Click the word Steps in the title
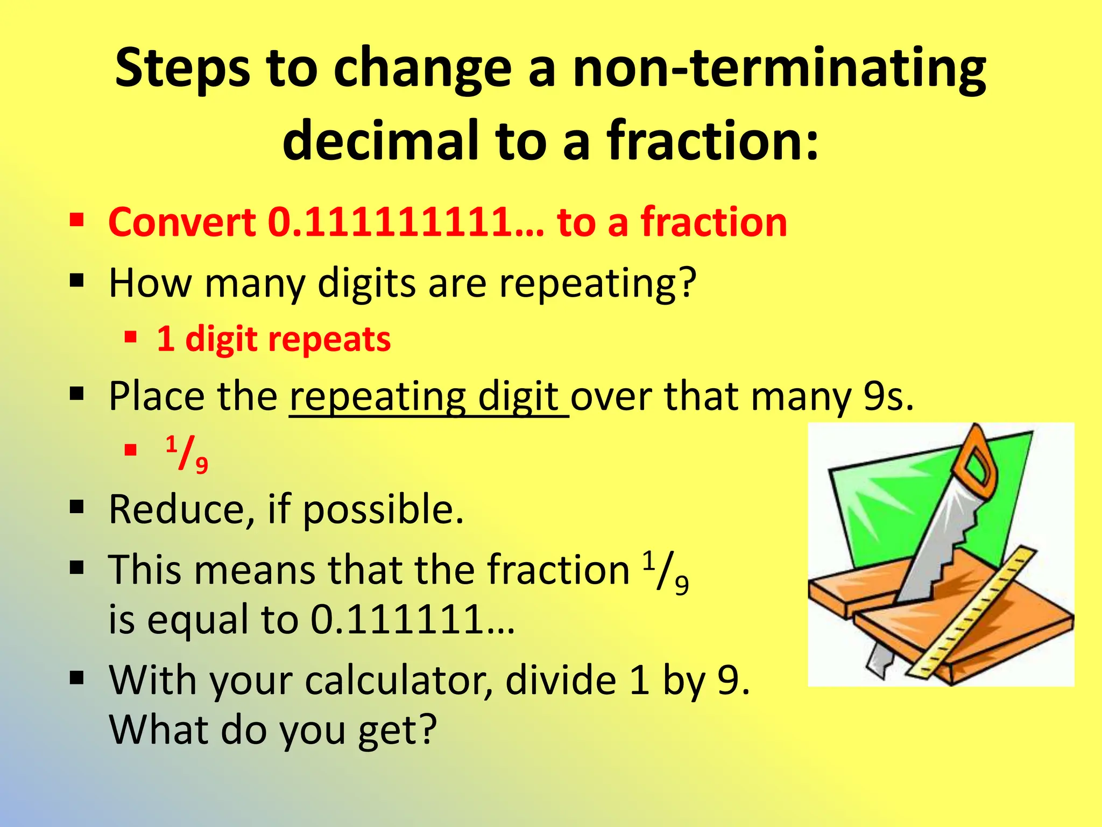coord(182,69)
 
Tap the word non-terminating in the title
coord(779,69)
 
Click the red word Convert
coord(182,222)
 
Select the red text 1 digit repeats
coord(273,339)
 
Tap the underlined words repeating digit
coord(428,397)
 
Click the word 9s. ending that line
coord(888,397)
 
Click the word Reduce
coord(176,509)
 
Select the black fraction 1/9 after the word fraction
coord(666,574)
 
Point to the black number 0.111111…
coord(412,619)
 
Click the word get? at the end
coord(397,731)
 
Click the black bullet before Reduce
coord(77,507)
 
